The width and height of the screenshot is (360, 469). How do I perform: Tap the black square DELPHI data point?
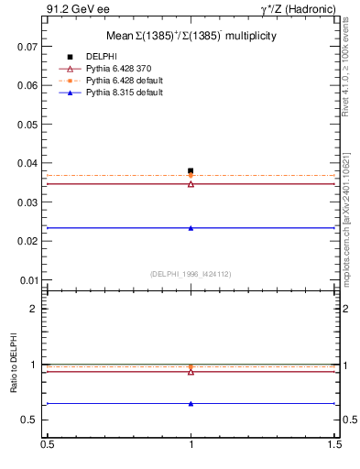pyautogui.click(x=191, y=170)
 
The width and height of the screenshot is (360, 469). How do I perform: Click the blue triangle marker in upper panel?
pyautogui.click(x=191, y=228)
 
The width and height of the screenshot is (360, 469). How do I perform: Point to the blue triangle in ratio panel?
pyautogui.click(x=191, y=403)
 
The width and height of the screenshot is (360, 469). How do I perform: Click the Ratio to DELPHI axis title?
pyautogui.click(x=14, y=364)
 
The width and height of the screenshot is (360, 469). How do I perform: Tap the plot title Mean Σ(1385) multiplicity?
pyautogui.click(x=191, y=36)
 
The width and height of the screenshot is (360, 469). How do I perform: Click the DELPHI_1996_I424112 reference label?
pyautogui.click(x=191, y=273)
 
